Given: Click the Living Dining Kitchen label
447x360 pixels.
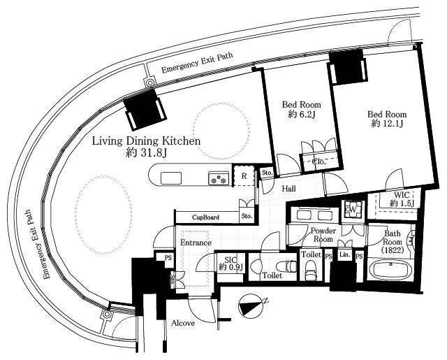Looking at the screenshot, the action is click(146, 141).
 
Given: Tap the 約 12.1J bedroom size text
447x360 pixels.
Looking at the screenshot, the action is click(387, 124).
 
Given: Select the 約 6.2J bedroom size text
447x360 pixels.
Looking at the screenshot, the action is click(301, 114).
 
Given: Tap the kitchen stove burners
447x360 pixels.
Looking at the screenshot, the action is click(219, 178).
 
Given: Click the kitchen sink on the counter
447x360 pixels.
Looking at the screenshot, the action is click(171, 178).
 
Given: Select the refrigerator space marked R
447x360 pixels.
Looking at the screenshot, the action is click(244, 175).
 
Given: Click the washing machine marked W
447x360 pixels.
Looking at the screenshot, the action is click(353, 209).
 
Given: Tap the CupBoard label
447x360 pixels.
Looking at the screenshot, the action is click(205, 217).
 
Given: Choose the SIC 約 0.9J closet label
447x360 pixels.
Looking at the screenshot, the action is click(230, 264).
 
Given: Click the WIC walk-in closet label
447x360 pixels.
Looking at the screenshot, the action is click(402, 199).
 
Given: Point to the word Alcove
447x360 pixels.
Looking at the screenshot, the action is click(183, 323).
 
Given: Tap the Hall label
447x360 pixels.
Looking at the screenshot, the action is click(288, 189).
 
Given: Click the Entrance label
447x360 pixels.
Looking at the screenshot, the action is click(196, 243).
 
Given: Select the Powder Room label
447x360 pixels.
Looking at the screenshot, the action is click(323, 234).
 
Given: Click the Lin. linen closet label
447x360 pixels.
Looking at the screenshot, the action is click(344, 254).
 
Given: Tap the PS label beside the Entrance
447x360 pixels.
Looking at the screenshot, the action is click(168, 257).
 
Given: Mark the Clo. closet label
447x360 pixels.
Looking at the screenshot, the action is click(318, 161).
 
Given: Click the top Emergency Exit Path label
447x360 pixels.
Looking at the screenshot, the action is click(197, 63).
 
